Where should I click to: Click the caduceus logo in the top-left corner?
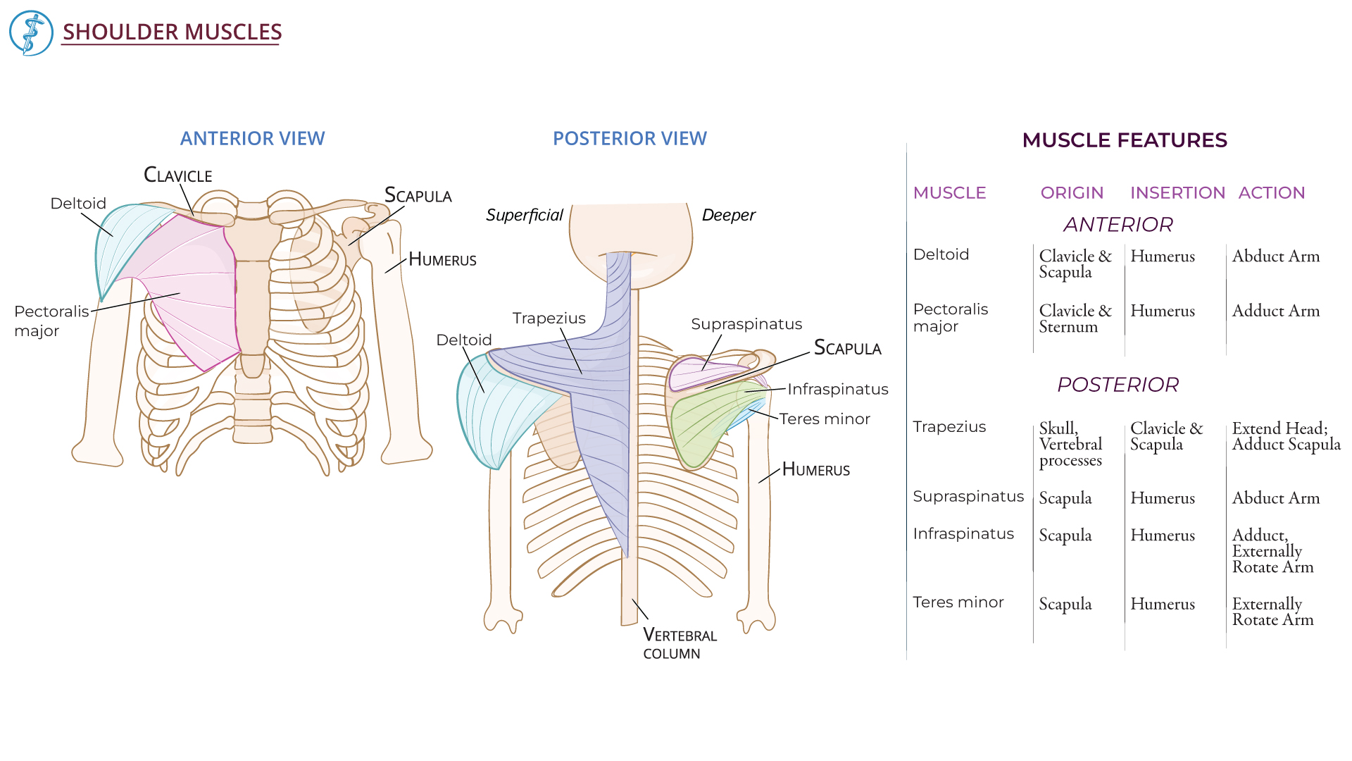tap(31, 33)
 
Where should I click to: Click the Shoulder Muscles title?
tap(172, 32)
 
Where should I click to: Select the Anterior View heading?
tap(252, 138)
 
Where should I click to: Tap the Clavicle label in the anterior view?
tap(177, 175)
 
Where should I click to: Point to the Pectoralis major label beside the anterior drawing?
tap(51, 321)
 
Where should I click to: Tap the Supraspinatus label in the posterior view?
tap(746, 324)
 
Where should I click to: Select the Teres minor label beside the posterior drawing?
tap(824, 419)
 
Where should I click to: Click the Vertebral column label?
tap(680, 644)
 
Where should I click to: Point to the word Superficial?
tap(524, 215)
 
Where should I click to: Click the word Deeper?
tap(728, 215)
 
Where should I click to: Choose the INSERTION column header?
tap(1177, 193)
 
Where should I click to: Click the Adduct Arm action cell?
tap(1275, 311)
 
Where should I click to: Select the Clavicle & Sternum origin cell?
tap(1075, 318)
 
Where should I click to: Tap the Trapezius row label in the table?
tap(949, 427)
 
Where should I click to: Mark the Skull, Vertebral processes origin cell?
tap(1070, 444)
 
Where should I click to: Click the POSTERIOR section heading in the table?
tap(1118, 385)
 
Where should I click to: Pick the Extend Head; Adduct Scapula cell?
tap(1286, 436)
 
